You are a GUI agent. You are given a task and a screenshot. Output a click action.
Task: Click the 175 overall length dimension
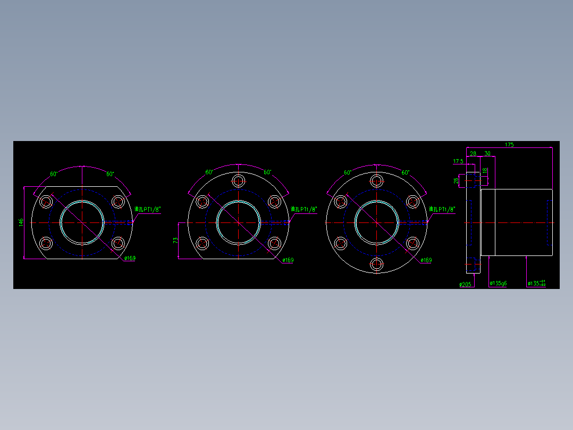point(509,144)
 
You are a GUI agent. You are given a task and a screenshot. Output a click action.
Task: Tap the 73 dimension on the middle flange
point(175,241)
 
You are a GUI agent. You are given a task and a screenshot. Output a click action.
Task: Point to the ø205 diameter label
point(465,285)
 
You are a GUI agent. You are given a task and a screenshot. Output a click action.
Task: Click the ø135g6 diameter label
point(498,284)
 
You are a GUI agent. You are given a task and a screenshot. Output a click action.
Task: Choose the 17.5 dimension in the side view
point(458,161)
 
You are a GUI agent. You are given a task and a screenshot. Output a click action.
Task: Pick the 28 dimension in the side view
point(473,153)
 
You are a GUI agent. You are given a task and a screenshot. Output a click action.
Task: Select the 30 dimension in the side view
point(487,153)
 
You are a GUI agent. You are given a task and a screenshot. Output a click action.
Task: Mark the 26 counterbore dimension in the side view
point(456,180)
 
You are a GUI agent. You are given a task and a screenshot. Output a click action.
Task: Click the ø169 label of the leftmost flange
point(130,259)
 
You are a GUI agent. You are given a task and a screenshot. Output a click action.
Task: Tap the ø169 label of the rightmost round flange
point(426,260)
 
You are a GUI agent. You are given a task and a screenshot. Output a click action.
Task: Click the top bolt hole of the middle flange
point(239,180)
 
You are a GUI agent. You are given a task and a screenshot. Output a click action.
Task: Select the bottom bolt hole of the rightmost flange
point(377,264)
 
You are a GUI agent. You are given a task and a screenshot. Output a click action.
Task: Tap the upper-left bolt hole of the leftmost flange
point(46,201)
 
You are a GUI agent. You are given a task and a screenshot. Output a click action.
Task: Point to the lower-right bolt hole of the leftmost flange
point(118,243)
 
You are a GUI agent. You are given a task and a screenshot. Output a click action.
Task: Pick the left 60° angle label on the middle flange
point(209,172)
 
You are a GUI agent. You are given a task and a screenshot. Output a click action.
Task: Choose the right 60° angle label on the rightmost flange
point(406,172)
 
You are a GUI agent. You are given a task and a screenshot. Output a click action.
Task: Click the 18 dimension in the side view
point(484,171)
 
